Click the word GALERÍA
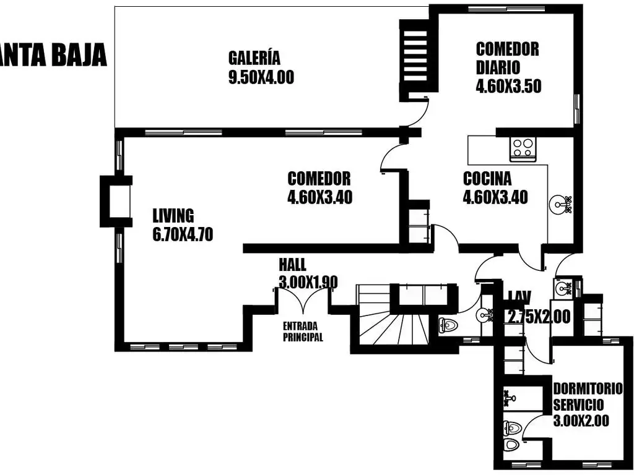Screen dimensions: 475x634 point(254,58)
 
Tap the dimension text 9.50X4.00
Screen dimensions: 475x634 point(261,77)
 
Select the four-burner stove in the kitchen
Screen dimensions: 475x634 point(523,149)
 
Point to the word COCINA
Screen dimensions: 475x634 point(487,179)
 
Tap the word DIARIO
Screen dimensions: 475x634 point(498,67)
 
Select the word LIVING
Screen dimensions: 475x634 point(173,215)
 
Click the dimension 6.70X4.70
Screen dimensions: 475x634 point(183,234)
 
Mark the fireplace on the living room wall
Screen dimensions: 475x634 point(116,201)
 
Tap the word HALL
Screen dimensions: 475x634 point(292,265)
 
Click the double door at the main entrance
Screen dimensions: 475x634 point(302,301)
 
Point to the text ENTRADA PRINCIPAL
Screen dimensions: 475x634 point(303,332)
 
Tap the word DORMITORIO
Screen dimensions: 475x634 point(588,389)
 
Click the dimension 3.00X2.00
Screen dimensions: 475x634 point(581,421)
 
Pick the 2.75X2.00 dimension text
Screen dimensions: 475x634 point(539,316)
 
